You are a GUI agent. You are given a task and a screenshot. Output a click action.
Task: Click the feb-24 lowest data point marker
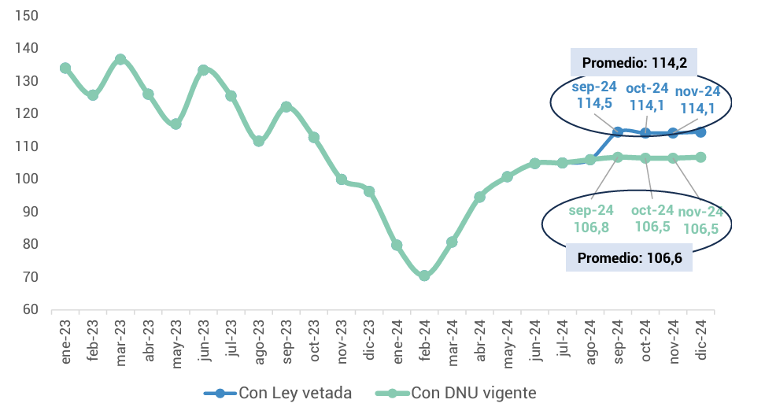[424, 276]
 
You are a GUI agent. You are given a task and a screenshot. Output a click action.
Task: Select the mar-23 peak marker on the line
[120, 60]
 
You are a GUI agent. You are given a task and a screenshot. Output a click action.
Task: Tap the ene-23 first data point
[65, 68]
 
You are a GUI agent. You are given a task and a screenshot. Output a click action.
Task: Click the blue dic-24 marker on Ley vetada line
[700, 132]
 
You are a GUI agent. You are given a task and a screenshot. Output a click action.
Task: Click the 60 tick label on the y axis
[29, 309]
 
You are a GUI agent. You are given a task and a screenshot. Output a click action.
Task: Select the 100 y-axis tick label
[26, 179]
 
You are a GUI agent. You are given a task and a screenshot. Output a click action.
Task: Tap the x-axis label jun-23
[204, 340]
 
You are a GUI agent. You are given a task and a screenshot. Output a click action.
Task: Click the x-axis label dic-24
[701, 340]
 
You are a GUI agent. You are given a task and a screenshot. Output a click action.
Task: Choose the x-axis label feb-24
[425, 340]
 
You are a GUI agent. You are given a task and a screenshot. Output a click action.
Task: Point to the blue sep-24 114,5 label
[594, 95]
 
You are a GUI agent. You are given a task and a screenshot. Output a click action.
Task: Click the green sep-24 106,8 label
[592, 218]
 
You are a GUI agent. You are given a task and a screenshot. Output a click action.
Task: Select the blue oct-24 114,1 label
[647, 96]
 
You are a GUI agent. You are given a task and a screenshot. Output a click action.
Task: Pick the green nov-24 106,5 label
[700, 220]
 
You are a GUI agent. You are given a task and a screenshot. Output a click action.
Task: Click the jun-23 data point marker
[203, 70]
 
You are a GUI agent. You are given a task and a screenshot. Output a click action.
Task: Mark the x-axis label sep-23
[287, 340]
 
